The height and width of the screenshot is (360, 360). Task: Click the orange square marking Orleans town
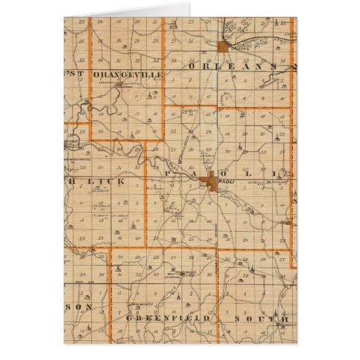click(223, 46)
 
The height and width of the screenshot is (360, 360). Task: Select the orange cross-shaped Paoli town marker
click(213, 180)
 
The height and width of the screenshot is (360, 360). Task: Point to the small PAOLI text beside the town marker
click(232, 181)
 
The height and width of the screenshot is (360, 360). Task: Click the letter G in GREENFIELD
click(129, 318)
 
